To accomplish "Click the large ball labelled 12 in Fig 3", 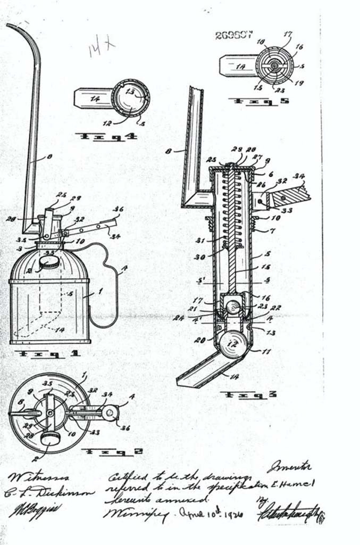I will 233,344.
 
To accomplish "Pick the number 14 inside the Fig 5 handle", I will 240,67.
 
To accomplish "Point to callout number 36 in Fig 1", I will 118,209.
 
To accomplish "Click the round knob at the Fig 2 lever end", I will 110,412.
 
